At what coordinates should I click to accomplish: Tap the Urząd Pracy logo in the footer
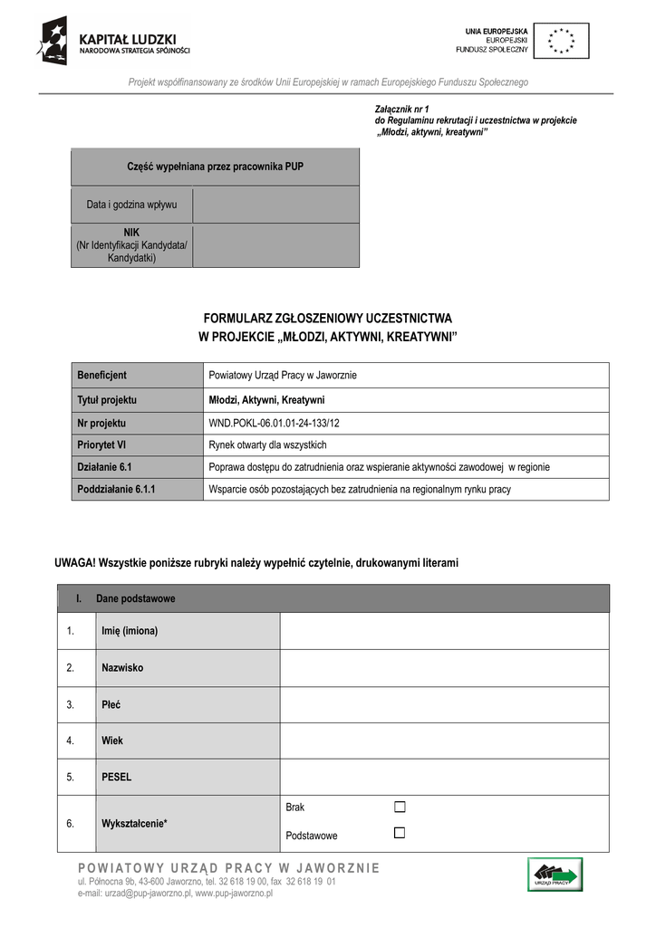pos(555,874)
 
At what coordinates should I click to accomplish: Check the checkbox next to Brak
pos(400,807)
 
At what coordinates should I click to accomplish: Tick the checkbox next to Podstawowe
pos(400,833)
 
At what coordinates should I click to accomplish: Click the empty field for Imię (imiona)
pos(444,631)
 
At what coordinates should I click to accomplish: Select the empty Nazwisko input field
pos(444,668)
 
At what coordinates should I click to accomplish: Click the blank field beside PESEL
pos(444,777)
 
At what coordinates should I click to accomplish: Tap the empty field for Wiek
pos(444,741)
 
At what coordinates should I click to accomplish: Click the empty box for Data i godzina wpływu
pos(275,205)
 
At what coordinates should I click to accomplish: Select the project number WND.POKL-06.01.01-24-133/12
pos(274,423)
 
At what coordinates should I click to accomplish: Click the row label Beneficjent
pos(101,376)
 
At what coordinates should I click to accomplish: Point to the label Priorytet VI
pos(101,445)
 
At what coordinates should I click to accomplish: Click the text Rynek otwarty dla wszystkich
pos(267,445)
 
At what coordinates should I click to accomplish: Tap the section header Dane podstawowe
pos(135,599)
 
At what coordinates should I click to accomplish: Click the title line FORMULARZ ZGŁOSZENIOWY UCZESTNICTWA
pos(327,320)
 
